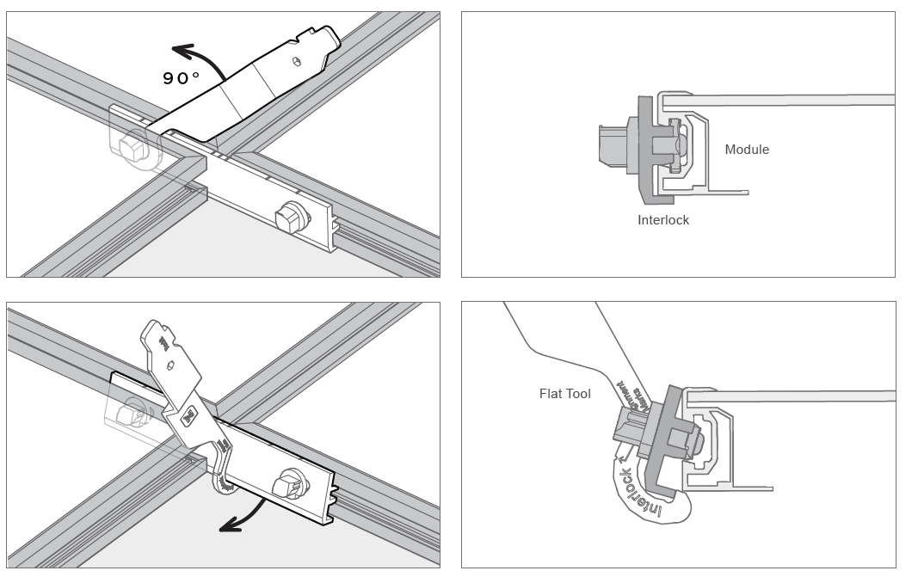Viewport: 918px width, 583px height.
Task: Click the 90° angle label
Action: [182, 77]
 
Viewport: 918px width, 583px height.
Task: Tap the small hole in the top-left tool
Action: [296, 61]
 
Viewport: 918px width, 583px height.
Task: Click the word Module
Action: [747, 150]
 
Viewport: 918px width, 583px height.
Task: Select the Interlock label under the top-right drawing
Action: [662, 220]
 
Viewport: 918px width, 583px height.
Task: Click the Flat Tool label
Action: [564, 394]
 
